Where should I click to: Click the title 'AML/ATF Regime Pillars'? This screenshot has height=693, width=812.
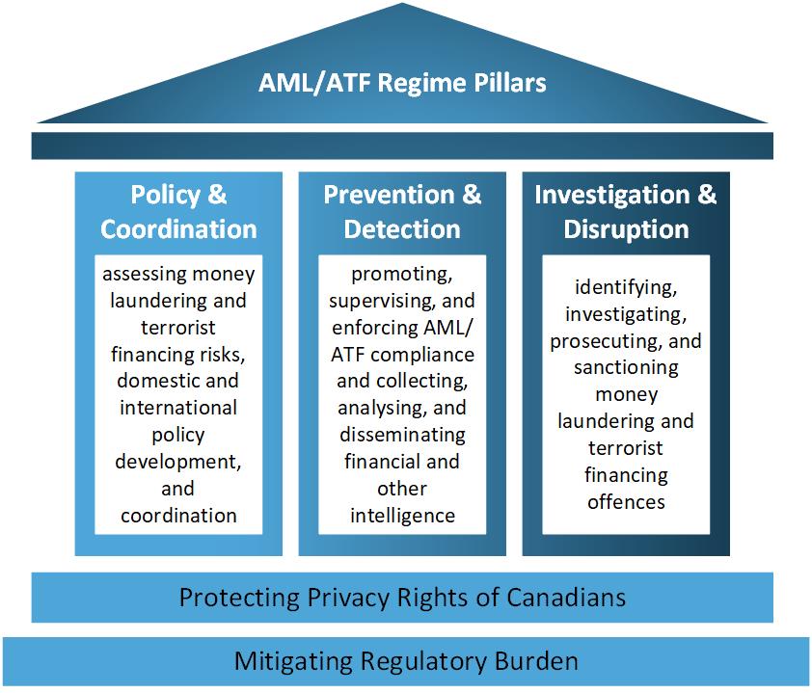[402, 82]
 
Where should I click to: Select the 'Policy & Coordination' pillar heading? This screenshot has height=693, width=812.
[178, 212]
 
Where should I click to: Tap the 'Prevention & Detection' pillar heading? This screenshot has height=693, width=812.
[402, 212]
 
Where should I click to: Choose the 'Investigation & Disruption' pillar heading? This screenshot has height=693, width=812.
[626, 212]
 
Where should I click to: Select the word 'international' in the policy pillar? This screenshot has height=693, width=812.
[178, 408]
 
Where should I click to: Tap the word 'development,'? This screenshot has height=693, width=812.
[178, 462]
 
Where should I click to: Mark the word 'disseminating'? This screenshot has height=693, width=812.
[402, 435]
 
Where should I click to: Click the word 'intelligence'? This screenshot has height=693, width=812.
[402, 515]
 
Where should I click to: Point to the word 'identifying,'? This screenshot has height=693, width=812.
[626, 288]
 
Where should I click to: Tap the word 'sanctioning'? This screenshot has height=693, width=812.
[626, 368]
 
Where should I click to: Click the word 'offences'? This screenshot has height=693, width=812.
[626, 501]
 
